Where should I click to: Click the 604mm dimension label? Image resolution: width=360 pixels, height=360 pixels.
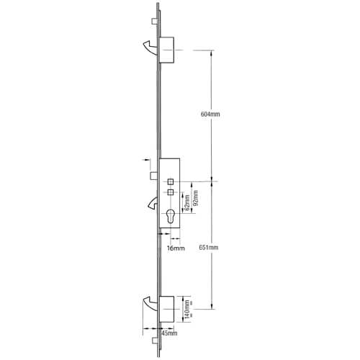pyautogui.click(x=210, y=114)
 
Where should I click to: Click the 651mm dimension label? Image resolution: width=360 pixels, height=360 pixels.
pyautogui.click(x=209, y=247)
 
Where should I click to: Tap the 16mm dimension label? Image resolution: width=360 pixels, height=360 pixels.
pyautogui.click(x=176, y=248)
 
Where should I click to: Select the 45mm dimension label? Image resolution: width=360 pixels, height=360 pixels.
pyautogui.click(x=169, y=333)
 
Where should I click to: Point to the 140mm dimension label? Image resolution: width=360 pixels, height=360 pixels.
pyautogui.click(x=187, y=310)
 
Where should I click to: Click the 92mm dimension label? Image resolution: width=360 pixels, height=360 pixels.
pyautogui.click(x=196, y=198)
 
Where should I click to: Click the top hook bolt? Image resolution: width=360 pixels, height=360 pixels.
pyautogui.click(x=152, y=48)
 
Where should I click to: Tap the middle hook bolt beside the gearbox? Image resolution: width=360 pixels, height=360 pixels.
pyautogui.click(x=153, y=203)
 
